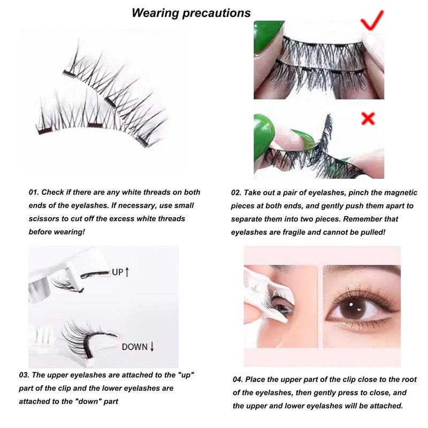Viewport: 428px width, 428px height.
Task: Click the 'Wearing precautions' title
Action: (192, 12)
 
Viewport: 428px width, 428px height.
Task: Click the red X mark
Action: (368, 118)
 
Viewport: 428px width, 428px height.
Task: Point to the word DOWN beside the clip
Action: (135, 346)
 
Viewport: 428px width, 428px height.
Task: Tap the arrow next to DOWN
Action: (152, 346)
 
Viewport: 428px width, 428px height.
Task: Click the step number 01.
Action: (34, 193)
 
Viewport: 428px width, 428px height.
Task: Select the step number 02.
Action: (237, 193)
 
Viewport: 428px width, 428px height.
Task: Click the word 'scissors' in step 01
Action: (43, 218)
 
